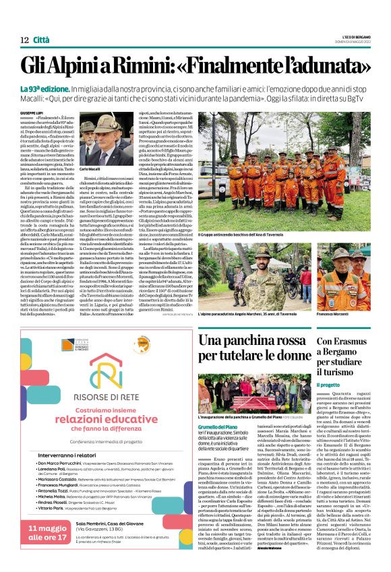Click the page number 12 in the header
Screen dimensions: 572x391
point(23,40)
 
